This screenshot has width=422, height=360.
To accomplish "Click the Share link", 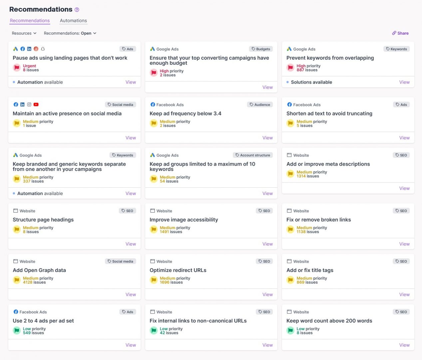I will pyautogui.click(x=400, y=33).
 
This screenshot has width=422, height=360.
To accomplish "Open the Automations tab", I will pyautogui.click(x=73, y=21).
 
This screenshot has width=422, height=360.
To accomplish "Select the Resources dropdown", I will pyautogui.click(x=24, y=33).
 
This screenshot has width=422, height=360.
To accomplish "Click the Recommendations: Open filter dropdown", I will pyautogui.click(x=70, y=33).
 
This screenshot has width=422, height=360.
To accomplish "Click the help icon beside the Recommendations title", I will pyautogui.click(x=77, y=10).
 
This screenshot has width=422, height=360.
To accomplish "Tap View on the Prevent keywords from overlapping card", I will pyautogui.click(x=404, y=82).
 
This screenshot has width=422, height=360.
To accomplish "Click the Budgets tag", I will pyautogui.click(x=261, y=49).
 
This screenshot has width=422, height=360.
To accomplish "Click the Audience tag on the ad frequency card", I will pyautogui.click(x=260, y=105).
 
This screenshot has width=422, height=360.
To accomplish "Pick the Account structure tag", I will pyautogui.click(x=253, y=155).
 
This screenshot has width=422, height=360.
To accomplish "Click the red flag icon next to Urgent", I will pyautogui.click(x=17, y=68).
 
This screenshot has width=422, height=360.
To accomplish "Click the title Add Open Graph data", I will pyautogui.click(x=39, y=270).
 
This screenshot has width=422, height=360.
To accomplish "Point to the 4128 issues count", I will pyautogui.click(x=34, y=282).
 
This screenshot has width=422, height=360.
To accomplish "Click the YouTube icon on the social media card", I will pyautogui.click(x=36, y=105).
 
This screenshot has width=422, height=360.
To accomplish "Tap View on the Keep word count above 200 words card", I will pyautogui.click(x=404, y=345).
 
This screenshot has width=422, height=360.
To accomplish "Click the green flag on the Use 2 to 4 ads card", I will pyautogui.click(x=17, y=331).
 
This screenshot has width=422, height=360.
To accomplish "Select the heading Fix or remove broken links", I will pyautogui.click(x=318, y=220).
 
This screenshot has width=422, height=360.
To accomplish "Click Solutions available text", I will pyautogui.click(x=311, y=82).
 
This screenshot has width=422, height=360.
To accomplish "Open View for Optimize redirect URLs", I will pyautogui.click(x=267, y=295).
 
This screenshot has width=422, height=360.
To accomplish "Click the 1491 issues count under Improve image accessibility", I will pyautogui.click(x=171, y=232).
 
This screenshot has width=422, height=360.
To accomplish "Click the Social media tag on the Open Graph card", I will pyautogui.click(x=120, y=262).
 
